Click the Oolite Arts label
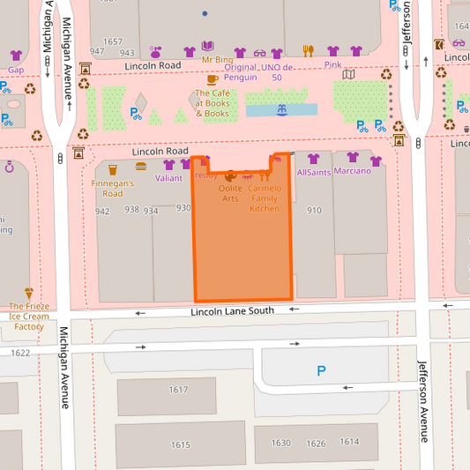230,193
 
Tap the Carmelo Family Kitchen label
265,198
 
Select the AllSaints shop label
313,172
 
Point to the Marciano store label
353,170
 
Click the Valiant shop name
168,177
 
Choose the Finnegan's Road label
112,188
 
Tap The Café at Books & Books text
212,103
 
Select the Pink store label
332,64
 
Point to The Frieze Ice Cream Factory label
29,317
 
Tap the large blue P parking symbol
321,372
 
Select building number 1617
179,390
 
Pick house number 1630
280,443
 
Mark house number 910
314,210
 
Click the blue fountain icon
281,110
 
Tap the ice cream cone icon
28,294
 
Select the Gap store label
16,69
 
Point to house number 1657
113,41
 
